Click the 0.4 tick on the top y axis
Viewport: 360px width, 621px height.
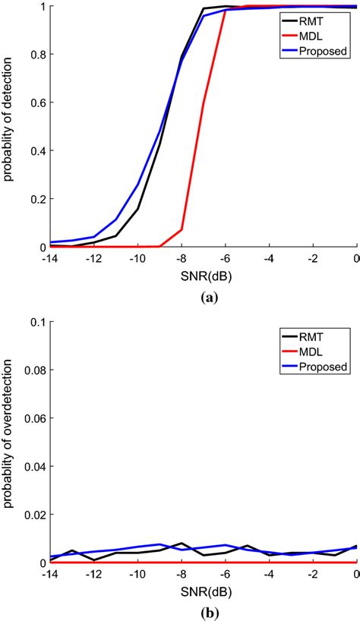pyautogui.click(x=34, y=151)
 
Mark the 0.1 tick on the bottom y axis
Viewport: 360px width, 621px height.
pyautogui.click(x=34, y=322)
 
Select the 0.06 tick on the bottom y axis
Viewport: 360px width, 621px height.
pyautogui.click(x=31, y=418)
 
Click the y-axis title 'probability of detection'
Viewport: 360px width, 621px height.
pyautogui.click(x=9, y=127)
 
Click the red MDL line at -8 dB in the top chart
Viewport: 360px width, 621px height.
pyautogui.click(x=182, y=229)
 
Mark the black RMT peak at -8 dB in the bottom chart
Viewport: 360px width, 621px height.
pyautogui.click(x=182, y=544)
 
